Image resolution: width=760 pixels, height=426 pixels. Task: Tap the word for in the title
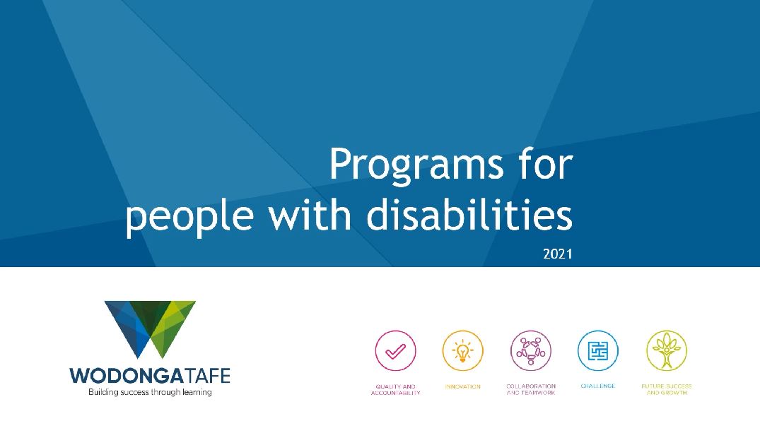(x=545, y=164)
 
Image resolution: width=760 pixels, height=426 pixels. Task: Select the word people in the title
(x=189, y=216)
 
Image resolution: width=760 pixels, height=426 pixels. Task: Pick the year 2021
(x=557, y=254)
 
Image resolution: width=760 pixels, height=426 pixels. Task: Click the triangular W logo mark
(x=151, y=329)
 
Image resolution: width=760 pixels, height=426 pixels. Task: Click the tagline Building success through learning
(x=150, y=392)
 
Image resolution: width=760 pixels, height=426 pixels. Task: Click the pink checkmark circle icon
(x=395, y=350)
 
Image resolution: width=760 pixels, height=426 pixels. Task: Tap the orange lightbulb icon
(x=463, y=350)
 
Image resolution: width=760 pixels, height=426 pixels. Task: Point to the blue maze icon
(x=597, y=350)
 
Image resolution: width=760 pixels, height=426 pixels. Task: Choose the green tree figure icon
(x=667, y=350)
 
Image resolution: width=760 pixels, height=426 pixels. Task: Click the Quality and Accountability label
(x=395, y=390)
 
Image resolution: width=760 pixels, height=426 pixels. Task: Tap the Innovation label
(x=463, y=386)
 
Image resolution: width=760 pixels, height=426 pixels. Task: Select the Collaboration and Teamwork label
(x=531, y=389)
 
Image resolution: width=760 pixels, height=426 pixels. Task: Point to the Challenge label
(x=597, y=386)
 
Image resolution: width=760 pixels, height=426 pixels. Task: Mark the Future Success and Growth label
(x=667, y=389)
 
